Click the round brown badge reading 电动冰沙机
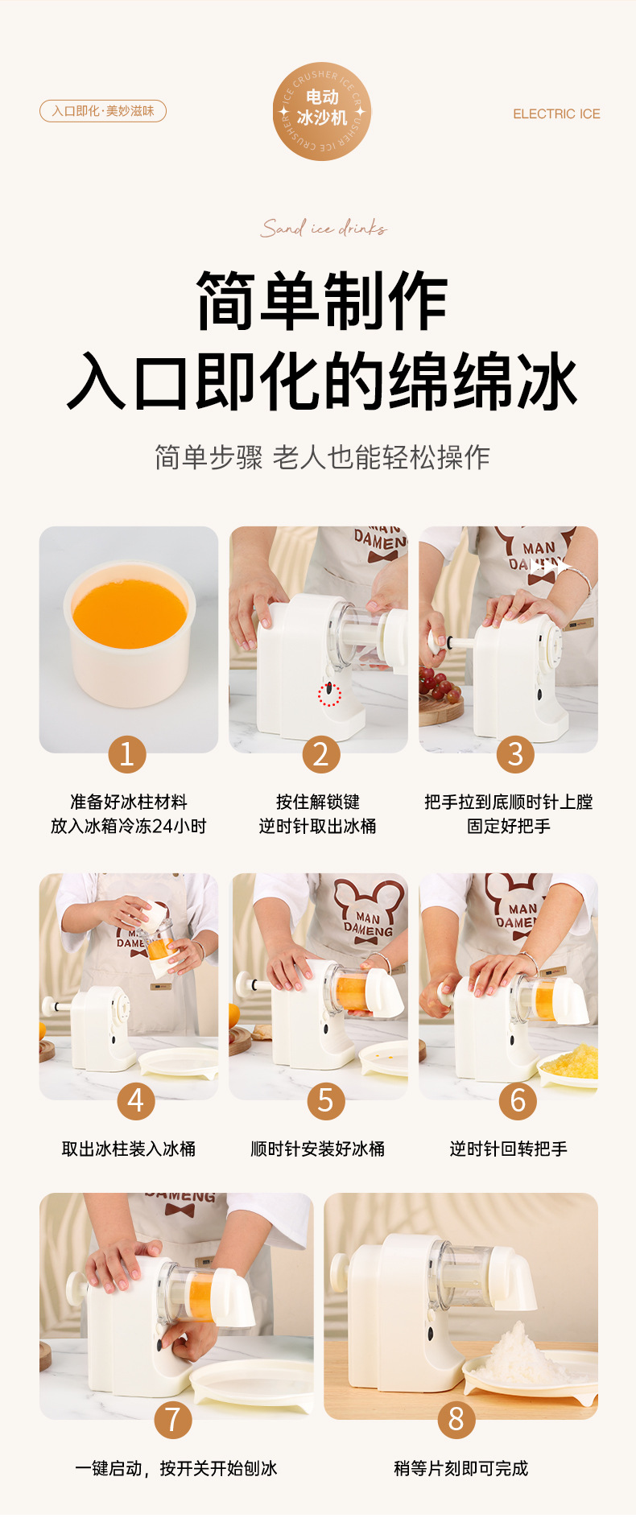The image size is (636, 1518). tap(322, 111)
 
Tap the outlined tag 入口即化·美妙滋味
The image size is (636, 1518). tap(103, 111)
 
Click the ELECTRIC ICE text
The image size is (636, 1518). tap(556, 114)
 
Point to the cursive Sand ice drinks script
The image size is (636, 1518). tap(323, 229)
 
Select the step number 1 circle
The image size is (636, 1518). tap(127, 754)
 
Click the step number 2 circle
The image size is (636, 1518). tap(321, 754)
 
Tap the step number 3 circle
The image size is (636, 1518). tap(516, 754)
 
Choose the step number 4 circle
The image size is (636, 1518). tap(136, 1100)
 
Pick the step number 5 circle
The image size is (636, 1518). tap(326, 1100)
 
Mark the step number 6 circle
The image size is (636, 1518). tap(518, 1100)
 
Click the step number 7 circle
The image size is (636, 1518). tap(173, 1419)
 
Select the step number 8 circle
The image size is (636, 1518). tap(456, 1419)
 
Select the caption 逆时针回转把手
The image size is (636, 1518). tap(509, 1149)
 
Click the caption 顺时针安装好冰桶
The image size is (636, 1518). tap(318, 1149)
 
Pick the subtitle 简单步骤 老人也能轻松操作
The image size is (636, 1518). tap(322, 457)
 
